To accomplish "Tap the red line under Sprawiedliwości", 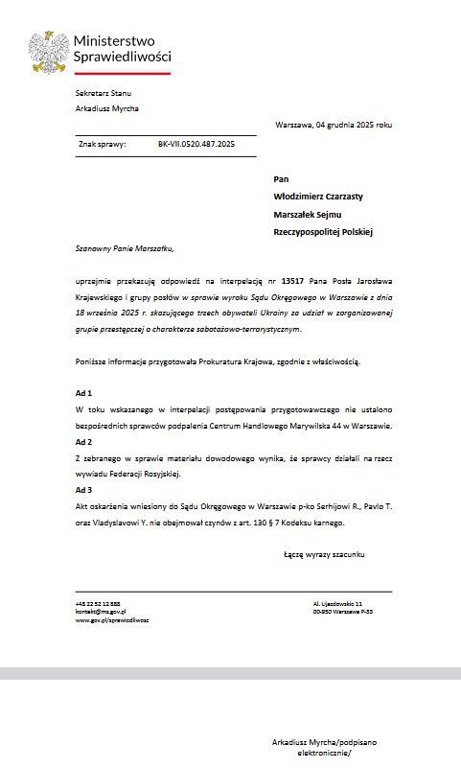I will [x=123, y=73].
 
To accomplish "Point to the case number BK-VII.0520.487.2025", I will [x=196, y=145].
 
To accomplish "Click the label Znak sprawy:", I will [x=103, y=145].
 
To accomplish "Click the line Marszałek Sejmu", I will [x=308, y=214].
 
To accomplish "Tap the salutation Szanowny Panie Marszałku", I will [x=126, y=248].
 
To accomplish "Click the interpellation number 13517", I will [x=292, y=280].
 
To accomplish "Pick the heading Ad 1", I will [x=83, y=394].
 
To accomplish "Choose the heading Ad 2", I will [x=83, y=441].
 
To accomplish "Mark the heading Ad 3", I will [x=83, y=490].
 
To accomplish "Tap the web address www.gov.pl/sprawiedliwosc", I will [x=112, y=620].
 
